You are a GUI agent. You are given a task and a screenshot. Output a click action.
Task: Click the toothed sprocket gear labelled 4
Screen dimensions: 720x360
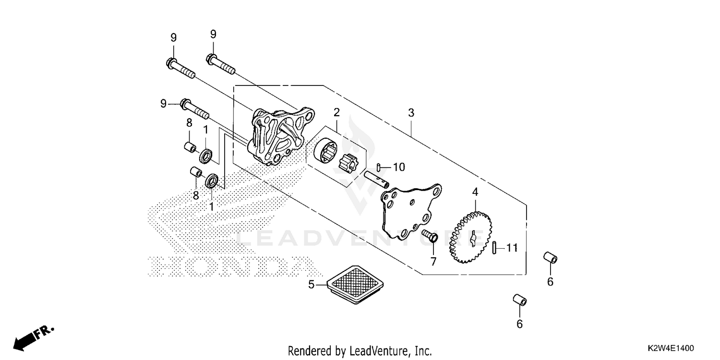[470, 237]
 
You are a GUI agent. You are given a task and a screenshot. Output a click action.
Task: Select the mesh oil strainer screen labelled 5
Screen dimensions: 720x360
[355, 285]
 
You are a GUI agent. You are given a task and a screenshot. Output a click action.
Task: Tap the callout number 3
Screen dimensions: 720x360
[411, 113]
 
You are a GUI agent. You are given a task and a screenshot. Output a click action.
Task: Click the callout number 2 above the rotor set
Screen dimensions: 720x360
[336, 112]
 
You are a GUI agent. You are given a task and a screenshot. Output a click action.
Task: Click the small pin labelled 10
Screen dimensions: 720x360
[379, 168]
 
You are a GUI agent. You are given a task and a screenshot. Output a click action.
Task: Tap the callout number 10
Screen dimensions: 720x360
[399, 167]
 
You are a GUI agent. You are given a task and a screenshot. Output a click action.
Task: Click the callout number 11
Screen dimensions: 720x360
[512, 248]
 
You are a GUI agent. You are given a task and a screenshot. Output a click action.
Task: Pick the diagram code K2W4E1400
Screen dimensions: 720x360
[671, 348]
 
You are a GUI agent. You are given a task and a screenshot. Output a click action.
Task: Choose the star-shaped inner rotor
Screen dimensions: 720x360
[348, 163]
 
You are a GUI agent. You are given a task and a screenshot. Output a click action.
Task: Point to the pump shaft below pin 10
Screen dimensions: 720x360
[376, 180]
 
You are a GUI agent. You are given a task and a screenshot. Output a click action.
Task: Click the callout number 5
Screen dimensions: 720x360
[311, 285]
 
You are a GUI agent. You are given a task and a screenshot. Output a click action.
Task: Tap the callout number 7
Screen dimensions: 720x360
[433, 262]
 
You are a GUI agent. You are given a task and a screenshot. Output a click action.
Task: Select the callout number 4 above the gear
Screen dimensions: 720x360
[475, 192]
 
